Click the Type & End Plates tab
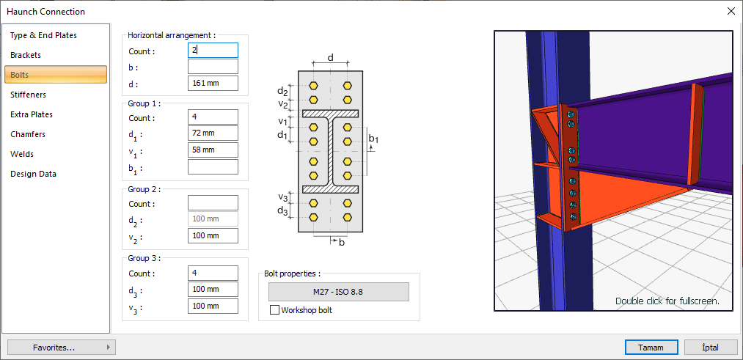coord(43,35)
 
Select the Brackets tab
coord(26,55)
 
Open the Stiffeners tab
coord(28,95)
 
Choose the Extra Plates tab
coord(32,114)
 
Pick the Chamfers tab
coord(28,134)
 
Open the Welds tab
coord(22,154)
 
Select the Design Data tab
coord(33,174)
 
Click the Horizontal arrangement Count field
coord(213,51)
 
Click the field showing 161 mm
coord(213,83)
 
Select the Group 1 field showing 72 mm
coord(213,133)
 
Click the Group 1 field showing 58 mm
coord(213,150)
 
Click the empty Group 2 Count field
coord(213,203)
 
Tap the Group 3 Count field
coord(213,273)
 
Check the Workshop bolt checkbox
coord(275,310)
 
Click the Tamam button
coord(651,348)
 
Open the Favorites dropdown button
coord(61,348)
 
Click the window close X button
coord(731,11)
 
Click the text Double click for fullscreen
coord(667,301)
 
